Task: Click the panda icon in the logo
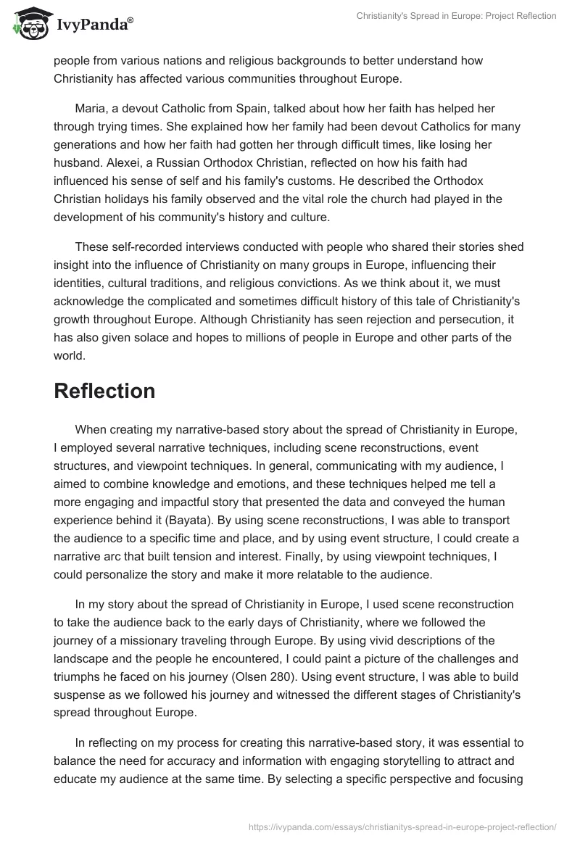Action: (27, 24)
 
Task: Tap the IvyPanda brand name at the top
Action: (94, 25)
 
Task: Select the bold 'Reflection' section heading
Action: (104, 391)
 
